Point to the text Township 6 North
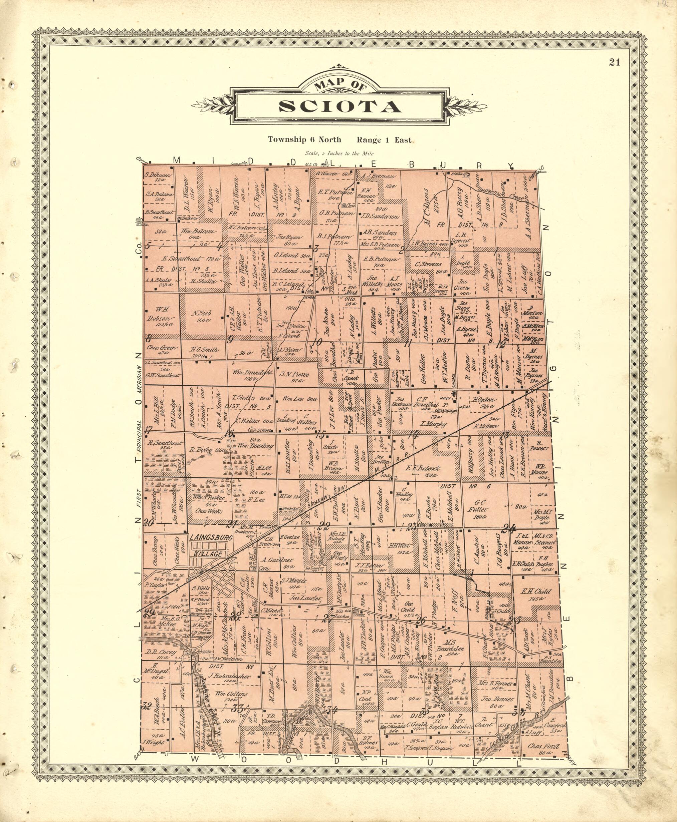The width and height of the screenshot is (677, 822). [x=304, y=139]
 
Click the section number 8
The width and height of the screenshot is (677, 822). [x=148, y=338]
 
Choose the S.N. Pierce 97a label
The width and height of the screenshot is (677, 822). [x=295, y=376]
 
